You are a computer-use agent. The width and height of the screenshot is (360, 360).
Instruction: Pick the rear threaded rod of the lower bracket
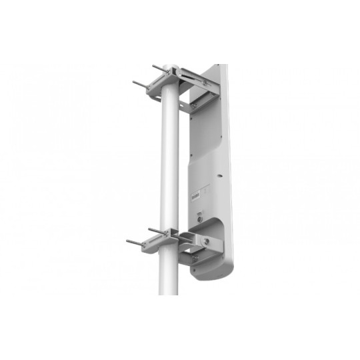pos(155,230)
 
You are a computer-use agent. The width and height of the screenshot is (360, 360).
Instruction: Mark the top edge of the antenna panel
pos(213,65)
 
